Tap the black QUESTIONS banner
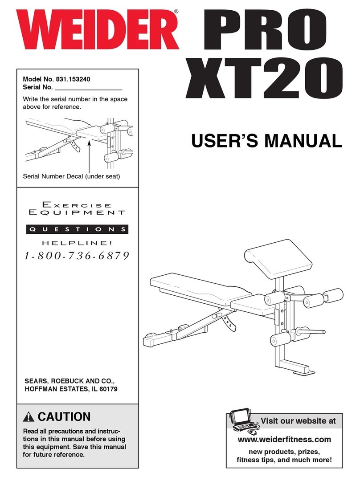tap(75, 229)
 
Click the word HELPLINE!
tap(75, 243)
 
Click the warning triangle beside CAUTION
tap(29, 418)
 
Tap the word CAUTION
tap(64, 417)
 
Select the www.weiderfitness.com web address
tap(285, 440)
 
